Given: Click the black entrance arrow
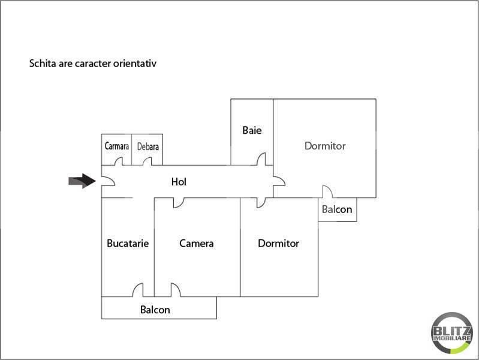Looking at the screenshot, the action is pyautogui.click(x=82, y=181).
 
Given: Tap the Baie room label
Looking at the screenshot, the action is pyautogui.click(x=252, y=130).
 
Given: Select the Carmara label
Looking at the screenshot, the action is pyautogui.click(x=117, y=146).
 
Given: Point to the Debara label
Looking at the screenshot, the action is pyautogui.click(x=148, y=146).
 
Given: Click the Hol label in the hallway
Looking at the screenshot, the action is pyautogui.click(x=179, y=182).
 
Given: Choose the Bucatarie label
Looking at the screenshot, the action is pyautogui.click(x=128, y=244).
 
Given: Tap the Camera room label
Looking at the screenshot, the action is pyautogui.click(x=197, y=244).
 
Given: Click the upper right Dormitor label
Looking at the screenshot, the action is pyautogui.click(x=325, y=146).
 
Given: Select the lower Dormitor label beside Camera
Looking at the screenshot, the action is pyautogui.click(x=279, y=244).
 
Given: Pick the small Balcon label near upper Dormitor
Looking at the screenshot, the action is pyautogui.click(x=337, y=209).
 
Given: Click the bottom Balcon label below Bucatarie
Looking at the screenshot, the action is pyautogui.click(x=155, y=310).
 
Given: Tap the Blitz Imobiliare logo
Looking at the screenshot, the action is pyautogui.click(x=452, y=333).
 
